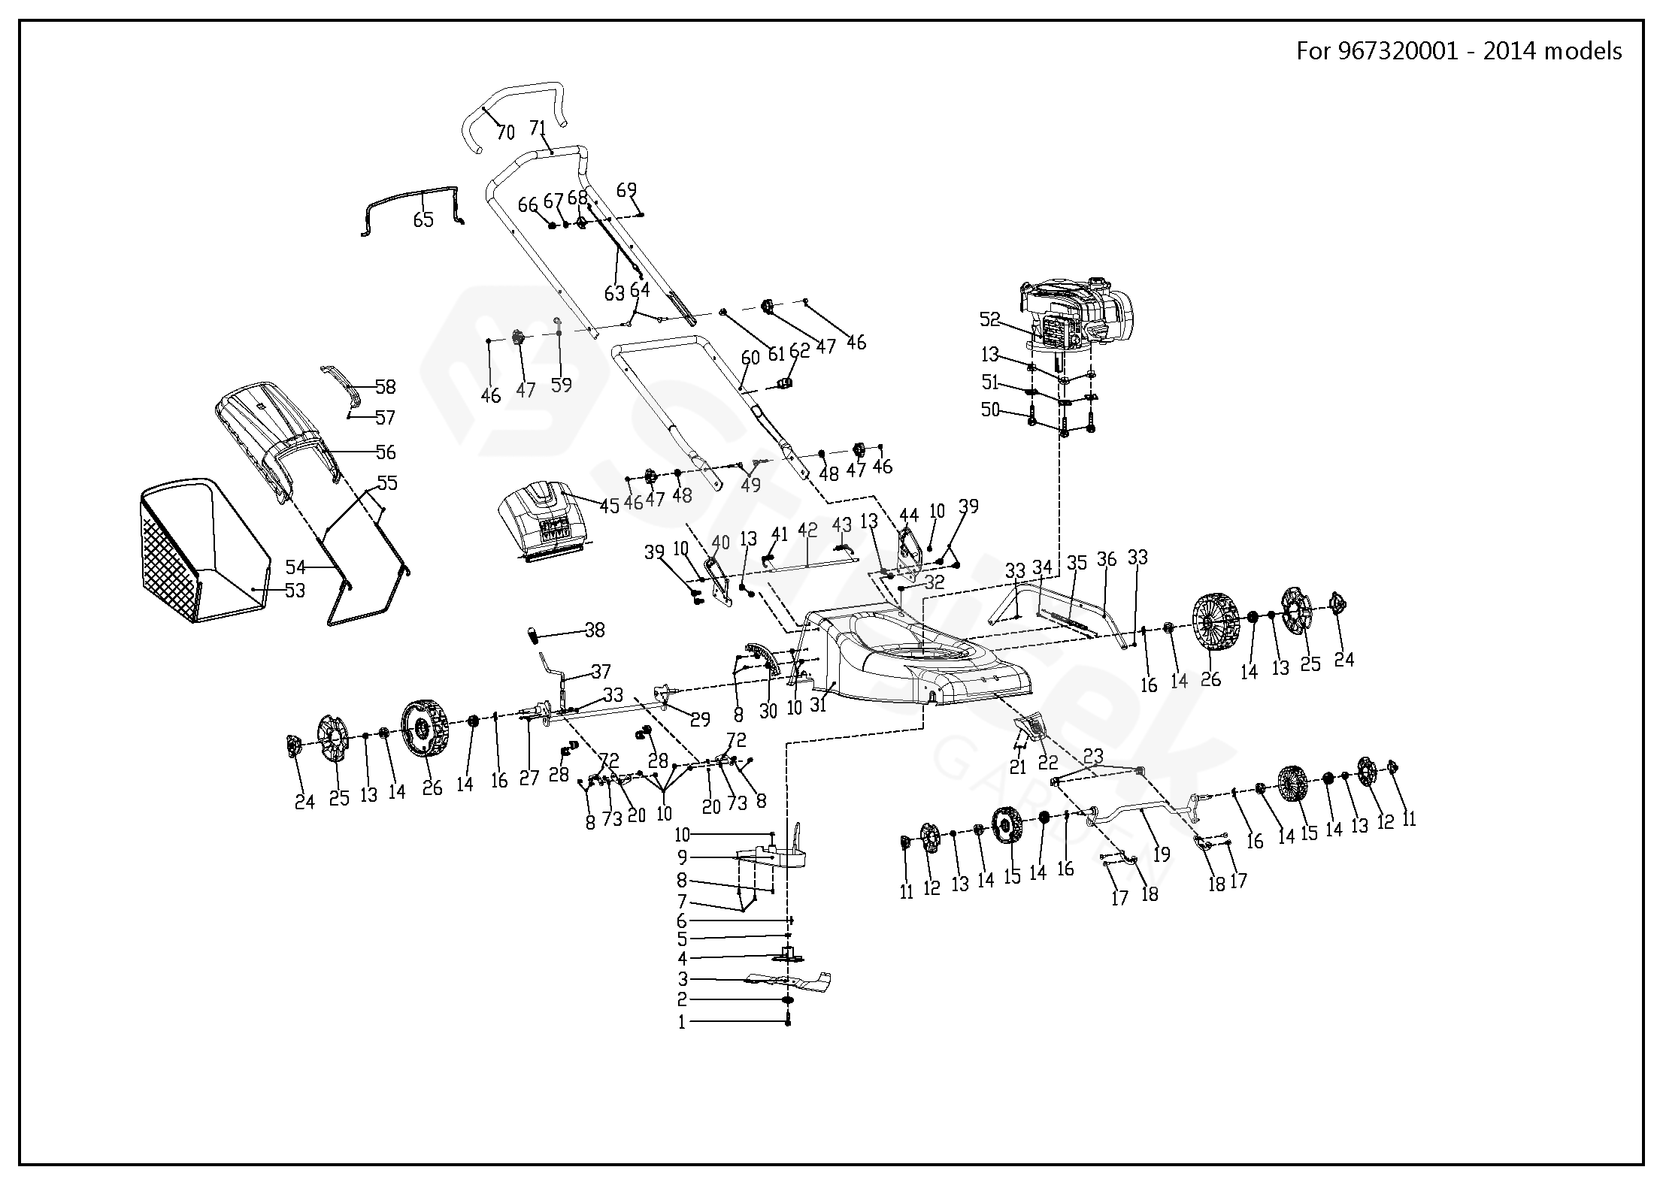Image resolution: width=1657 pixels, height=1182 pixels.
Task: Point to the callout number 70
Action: (x=506, y=132)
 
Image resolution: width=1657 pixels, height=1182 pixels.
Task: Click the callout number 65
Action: (x=424, y=219)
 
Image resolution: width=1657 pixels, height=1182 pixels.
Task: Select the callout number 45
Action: (x=610, y=506)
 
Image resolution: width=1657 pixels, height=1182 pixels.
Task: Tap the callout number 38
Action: (x=595, y=630)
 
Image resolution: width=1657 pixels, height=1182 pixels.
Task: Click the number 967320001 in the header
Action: (x=1405, y=51)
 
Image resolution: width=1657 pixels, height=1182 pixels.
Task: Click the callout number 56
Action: (x=386, y=452)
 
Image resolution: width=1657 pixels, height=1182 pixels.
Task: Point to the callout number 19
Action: (x=1162, y=854)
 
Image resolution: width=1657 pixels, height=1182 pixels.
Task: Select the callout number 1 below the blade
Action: (x=682, y=1023)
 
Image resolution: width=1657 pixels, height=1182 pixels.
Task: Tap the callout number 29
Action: (x=701, y=720)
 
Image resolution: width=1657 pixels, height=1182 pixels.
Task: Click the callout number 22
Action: (x=1048, y=763)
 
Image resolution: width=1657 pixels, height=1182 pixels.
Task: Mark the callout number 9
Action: (x=682, y=857)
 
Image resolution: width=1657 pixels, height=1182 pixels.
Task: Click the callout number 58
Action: (x=386, y=387)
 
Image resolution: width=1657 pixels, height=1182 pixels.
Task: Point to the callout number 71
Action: (x=538, y=128)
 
